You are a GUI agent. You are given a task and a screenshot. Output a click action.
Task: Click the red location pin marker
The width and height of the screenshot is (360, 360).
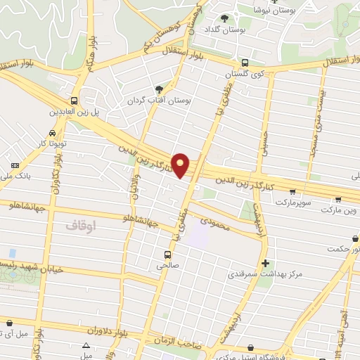tap(181, 165)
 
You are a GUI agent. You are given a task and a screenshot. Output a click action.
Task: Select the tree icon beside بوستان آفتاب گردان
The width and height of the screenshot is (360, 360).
tap(159, 89)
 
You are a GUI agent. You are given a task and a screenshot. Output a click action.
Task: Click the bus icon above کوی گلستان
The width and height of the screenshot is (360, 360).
tap(244, 63)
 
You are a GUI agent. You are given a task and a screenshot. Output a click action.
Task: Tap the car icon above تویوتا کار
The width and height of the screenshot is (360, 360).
tap(53, 133)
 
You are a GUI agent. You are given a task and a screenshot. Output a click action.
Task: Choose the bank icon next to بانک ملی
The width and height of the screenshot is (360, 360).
tap(15, 165)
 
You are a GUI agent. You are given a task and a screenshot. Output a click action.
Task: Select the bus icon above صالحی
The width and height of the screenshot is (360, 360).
tap(167, 255)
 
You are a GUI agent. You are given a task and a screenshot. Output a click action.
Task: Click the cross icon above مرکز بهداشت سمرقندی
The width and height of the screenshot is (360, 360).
tap(265, 264)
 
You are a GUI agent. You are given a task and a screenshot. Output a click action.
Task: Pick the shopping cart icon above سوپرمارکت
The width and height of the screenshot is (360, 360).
tap(292, 191)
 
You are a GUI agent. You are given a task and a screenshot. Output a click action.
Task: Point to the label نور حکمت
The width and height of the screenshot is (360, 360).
tap(345, 248)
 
